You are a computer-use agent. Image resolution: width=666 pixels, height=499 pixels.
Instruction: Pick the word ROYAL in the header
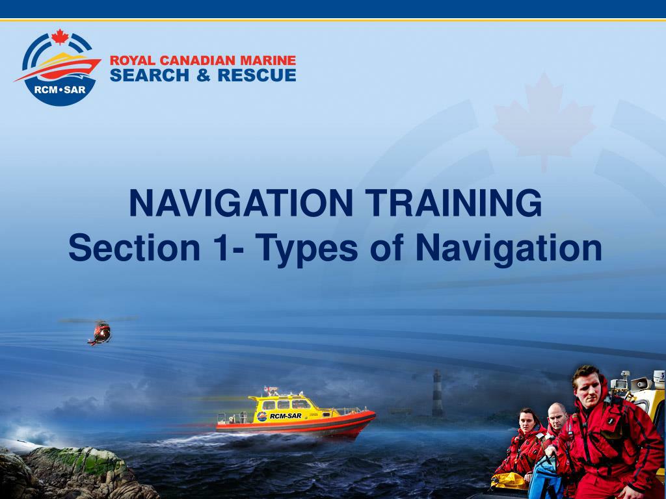(x=129, y=61)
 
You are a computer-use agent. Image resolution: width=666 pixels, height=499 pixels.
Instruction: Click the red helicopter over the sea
(x=100, y=332)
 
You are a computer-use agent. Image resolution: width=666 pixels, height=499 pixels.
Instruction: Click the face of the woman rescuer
(x=527, y=421)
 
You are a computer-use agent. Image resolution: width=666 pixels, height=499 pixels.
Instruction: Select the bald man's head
(x=556, y=415)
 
